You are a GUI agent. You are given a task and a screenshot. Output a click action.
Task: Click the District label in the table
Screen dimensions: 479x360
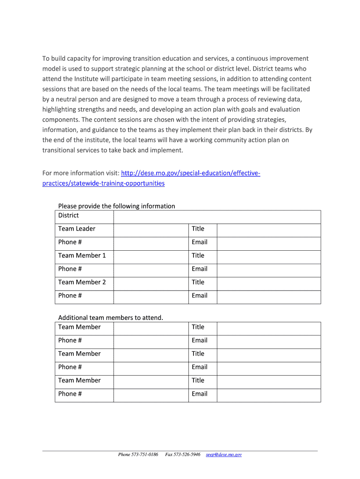[x=68, y=216]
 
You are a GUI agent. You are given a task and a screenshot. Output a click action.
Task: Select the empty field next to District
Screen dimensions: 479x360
[x=216, y=217]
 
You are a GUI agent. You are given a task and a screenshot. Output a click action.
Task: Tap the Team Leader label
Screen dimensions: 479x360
[x=77, y=229]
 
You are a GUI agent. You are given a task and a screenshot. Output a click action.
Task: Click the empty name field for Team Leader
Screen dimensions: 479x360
[x=151, y=230]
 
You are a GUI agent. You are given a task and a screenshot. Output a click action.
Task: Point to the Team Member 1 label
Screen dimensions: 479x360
[x=82, y=255]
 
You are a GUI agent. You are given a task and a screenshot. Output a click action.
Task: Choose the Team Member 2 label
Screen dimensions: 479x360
[x=82, y=282]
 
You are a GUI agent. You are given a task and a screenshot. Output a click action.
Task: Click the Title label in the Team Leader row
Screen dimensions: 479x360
[x=198, y=229]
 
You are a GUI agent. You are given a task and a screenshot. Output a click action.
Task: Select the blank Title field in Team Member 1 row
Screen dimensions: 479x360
[x=269, y=257]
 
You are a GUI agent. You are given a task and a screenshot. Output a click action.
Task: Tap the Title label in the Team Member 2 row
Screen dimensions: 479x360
[x=198, y=282]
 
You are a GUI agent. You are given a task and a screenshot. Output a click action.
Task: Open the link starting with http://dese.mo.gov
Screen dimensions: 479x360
[x=190, y=174]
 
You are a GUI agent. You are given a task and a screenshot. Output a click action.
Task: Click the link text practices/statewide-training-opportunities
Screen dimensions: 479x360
[x=103, y=183]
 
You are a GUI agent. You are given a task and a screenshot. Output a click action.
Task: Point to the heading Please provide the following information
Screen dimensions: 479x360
[x=116, y=206]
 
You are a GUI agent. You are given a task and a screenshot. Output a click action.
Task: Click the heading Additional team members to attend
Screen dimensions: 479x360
[x=110, y=318]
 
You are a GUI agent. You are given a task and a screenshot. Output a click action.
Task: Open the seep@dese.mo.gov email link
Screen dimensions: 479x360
[x=224, y=455]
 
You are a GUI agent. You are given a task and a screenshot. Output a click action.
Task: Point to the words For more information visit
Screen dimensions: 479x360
[x=81, y=174]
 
